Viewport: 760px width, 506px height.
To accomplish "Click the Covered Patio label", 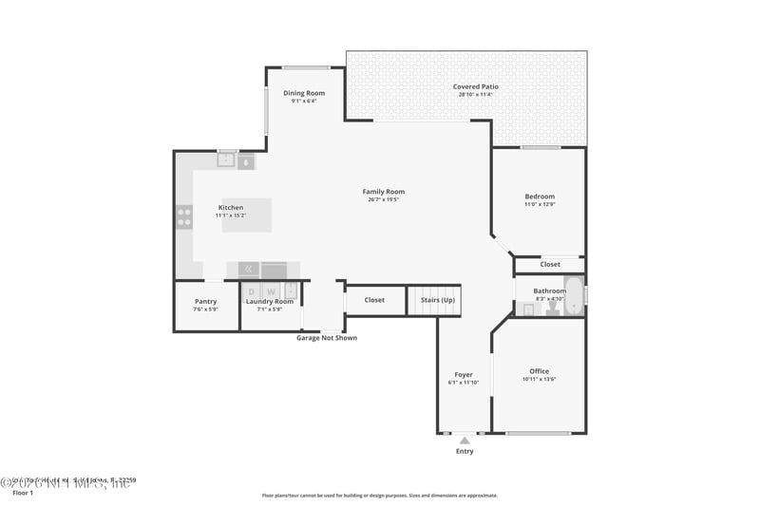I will coord(475,86).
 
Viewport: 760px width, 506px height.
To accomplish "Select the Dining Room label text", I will coord(304,93).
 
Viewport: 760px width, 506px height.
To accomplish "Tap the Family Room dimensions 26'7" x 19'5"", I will coord(383,200).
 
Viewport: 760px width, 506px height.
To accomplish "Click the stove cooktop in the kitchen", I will coord(183,217).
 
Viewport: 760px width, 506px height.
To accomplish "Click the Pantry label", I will coord(205,302).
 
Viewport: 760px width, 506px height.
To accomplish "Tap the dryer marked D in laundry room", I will coord(252,291).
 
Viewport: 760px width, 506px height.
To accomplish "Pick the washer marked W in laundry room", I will coord(271,291).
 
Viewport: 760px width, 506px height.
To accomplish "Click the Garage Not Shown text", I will coord(327,338).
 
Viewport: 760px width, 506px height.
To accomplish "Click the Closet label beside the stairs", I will coord(374,300).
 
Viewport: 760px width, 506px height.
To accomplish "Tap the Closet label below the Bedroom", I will coord(550,264).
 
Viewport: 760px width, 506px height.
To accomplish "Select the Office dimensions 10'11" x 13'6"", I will coord(539,380).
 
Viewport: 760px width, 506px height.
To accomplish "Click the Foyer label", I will coord(464,374).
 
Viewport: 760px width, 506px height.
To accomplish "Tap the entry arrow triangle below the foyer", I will coord(464,439).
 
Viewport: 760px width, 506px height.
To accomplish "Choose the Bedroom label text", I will coord(539,197).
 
